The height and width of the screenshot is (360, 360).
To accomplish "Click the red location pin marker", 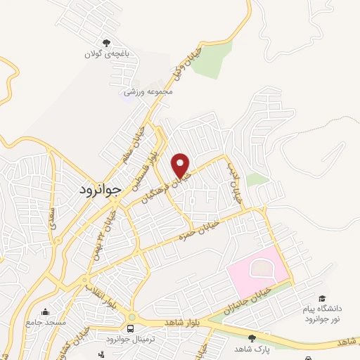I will point(181,165).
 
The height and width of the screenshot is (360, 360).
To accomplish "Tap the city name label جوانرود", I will point(98,190).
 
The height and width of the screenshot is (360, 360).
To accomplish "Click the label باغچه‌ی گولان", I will point(108,54).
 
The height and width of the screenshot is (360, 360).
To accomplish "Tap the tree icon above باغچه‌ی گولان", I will point(107,43).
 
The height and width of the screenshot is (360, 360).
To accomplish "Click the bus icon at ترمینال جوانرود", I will point(131,328).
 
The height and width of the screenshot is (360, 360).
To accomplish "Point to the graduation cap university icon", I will point(322,300).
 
